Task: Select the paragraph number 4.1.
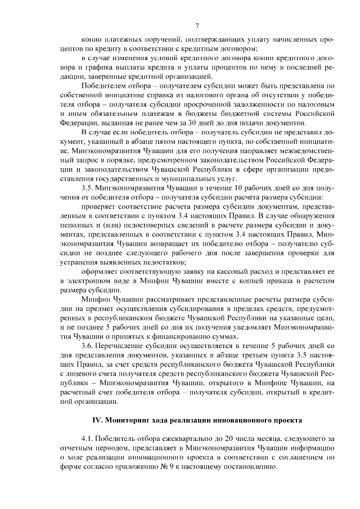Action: click(x=88, y=438)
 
